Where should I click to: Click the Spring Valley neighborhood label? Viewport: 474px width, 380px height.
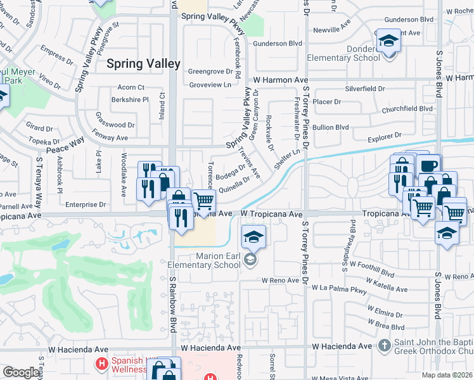[143, 64]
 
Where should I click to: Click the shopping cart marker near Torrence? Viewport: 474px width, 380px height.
[203, 202]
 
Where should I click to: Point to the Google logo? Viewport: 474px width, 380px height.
[21, 372]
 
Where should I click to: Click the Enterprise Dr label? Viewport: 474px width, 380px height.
[85, 205]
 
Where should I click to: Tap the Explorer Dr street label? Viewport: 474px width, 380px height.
[384, 136]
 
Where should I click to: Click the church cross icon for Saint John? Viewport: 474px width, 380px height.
[383, 346]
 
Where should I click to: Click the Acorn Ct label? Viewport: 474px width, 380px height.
[131, 87]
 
